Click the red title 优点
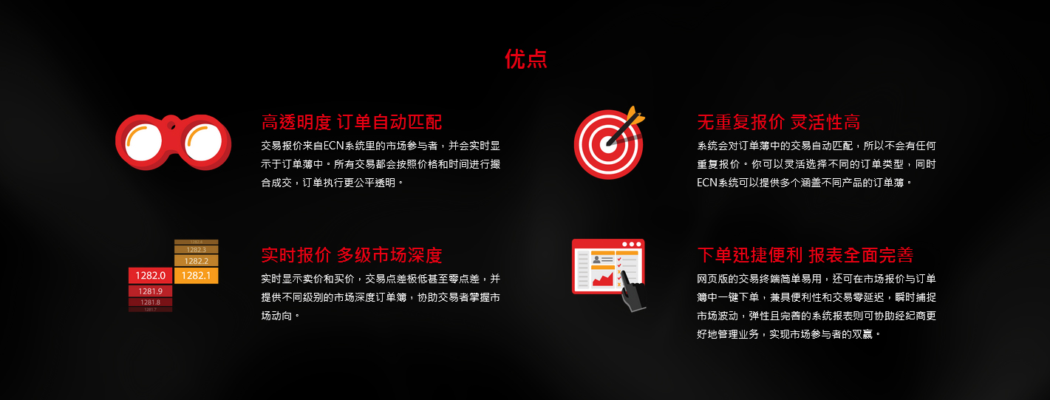click(525, 59)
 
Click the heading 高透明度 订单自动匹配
click(352, 122)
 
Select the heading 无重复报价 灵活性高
click(778, 122)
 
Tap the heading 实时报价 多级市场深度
click(352, 255)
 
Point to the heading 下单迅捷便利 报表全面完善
click(805, 255)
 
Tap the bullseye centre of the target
click(608, 144)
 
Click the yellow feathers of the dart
click(635, 115)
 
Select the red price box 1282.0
click(150, 276)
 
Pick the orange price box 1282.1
click(196, 276)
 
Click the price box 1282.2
click(196, 261)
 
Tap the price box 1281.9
click(150, 291)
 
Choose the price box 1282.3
click(196, 250)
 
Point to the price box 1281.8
click(150, 302)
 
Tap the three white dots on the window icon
click(632, 244)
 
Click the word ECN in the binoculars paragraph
click(334, 146)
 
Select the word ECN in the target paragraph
click(707, 183)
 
